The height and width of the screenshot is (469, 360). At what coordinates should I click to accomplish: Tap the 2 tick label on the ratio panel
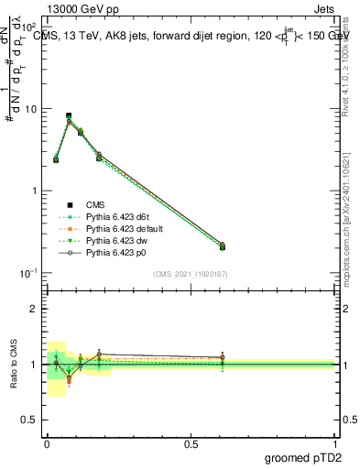pyautogui.click(x=36, y=309)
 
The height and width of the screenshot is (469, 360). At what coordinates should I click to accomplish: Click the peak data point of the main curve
pyautogui.click(x=69, y=116)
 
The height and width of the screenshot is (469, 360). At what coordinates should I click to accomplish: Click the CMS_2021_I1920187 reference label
pyautogui.click(x=191, y=274)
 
